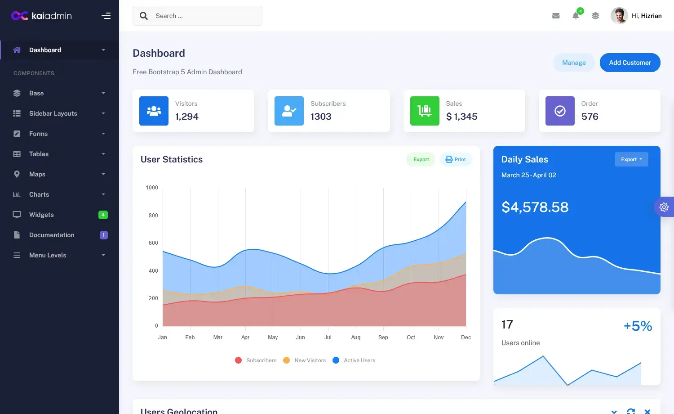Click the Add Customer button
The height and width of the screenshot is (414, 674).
pos(630,63)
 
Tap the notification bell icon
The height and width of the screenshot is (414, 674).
pos(576,16)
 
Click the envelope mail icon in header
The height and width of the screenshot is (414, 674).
pos(556,16)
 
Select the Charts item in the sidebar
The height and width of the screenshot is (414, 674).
pos(39,194)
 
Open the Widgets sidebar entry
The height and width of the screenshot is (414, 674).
pos(41,215)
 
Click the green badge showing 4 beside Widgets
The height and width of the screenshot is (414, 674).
pos(103,215)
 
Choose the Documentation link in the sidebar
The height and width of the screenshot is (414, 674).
pos(52,235)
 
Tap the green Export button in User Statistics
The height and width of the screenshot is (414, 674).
pos(421,159)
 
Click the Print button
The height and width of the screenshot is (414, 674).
pos(456,159)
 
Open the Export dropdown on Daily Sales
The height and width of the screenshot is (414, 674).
pos(631,159)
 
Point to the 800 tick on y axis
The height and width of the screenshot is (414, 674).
pos(153,216)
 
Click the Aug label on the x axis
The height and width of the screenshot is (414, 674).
pos(355,337)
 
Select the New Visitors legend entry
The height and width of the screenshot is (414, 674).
pos(310,360)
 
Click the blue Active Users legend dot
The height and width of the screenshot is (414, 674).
pos(336,360)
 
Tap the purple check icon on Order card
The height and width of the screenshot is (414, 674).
pos(560,111)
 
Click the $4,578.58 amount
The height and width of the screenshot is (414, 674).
pos(535,207)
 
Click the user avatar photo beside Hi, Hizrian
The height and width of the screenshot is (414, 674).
pos(619,16)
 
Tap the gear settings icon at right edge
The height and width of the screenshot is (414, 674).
pos(664,207)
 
